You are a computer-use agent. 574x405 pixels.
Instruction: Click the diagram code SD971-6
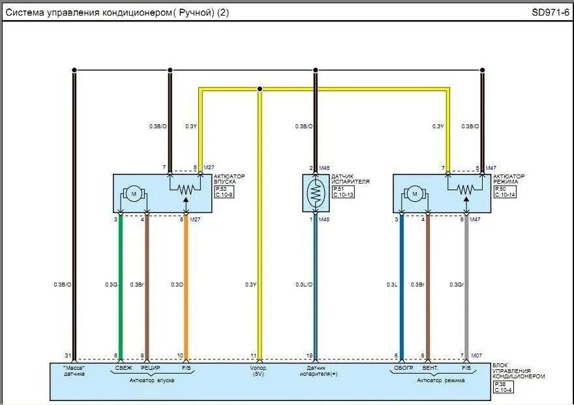(x=549, y=12)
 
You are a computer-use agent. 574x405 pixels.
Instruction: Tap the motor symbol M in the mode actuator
(x=414, y=193)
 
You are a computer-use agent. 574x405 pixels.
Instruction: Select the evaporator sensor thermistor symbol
(x=315, y=193)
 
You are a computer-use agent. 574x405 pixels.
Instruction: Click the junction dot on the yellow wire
(x=260, y=89)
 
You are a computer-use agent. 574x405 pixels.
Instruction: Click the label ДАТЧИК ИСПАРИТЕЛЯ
(x=351, y=179)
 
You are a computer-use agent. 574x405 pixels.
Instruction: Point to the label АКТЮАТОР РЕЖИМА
(x=509, y=179)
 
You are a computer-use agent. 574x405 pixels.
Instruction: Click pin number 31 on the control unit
(x=67, y=355)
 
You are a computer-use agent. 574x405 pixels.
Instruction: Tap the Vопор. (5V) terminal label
(x=259, y=372)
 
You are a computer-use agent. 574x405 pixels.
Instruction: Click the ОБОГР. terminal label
(x=404, y=369)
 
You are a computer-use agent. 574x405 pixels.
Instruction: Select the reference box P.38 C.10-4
(x=504, y=387)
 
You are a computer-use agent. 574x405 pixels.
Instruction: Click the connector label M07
(x=477, y=355)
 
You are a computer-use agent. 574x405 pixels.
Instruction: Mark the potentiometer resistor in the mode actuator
(x=466, y=189)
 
